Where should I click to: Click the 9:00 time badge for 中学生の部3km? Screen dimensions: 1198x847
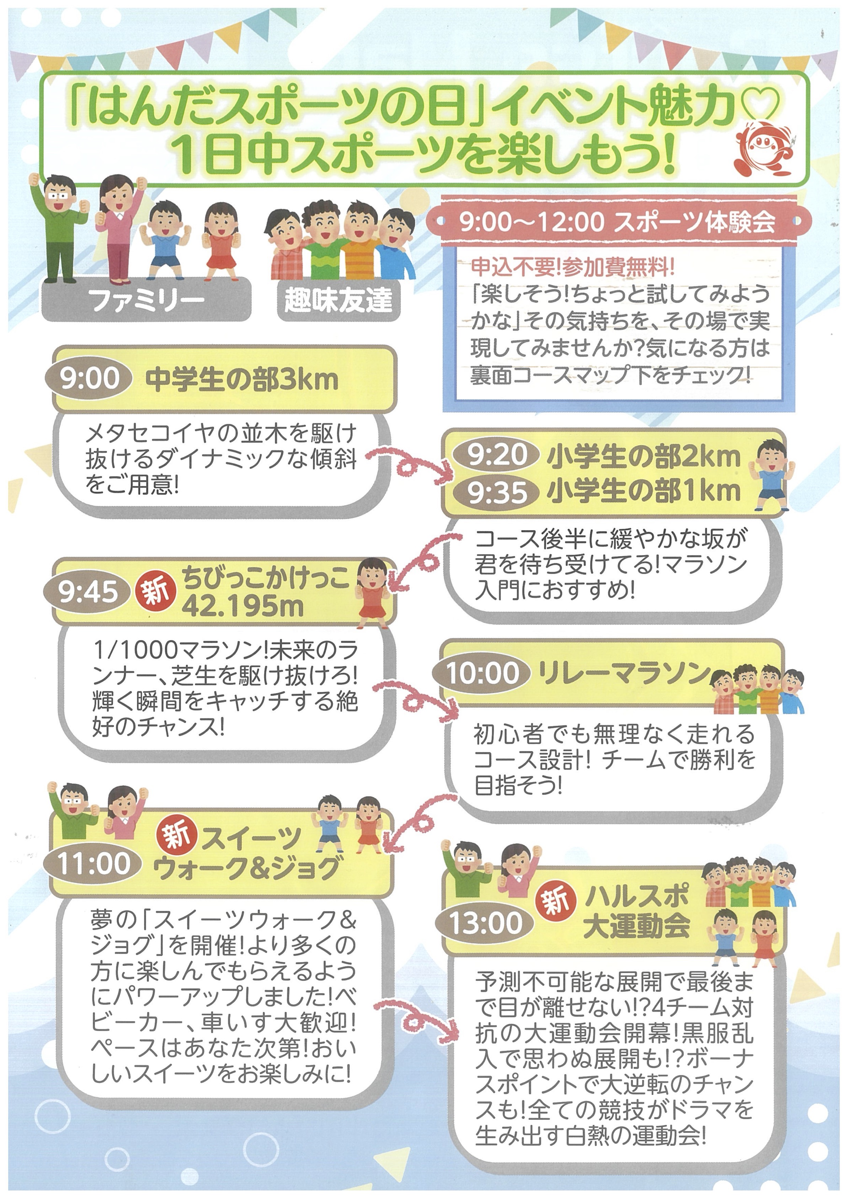point(89,378)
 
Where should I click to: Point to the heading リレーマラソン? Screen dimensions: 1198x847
point(624,673)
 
